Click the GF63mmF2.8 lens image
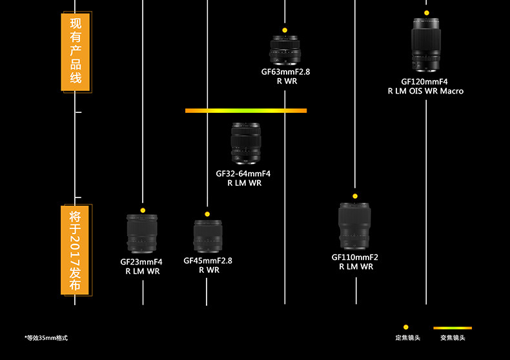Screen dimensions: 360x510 pos(285,50)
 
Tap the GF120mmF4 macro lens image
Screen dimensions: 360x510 pos(426,45)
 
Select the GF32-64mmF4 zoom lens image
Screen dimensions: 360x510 pos(245,143)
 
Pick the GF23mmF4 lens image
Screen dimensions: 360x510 pos(143,233)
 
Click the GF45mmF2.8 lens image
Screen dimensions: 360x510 pos(207,236)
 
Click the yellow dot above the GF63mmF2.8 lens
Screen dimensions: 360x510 pos(285,30)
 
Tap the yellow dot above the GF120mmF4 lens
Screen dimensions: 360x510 pos(426,13)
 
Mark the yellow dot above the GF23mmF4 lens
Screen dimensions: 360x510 pos(143,210)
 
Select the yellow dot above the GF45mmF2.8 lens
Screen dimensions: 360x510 pos(207,214)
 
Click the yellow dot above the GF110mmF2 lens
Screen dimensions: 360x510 pos(355,195)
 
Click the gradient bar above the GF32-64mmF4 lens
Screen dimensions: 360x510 pos(245,111)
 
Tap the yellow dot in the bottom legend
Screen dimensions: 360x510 pos(406,327)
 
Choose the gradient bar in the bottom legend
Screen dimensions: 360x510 pos(453,328)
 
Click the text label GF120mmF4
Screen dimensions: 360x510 pos(424,82)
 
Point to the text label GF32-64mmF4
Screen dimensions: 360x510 pos(243,174)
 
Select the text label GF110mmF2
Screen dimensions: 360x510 pos(355,257)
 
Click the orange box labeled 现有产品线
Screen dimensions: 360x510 pos(76,52)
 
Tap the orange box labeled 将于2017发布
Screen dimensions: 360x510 pos(76,250)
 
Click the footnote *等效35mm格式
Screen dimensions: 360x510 pos(46,338)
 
